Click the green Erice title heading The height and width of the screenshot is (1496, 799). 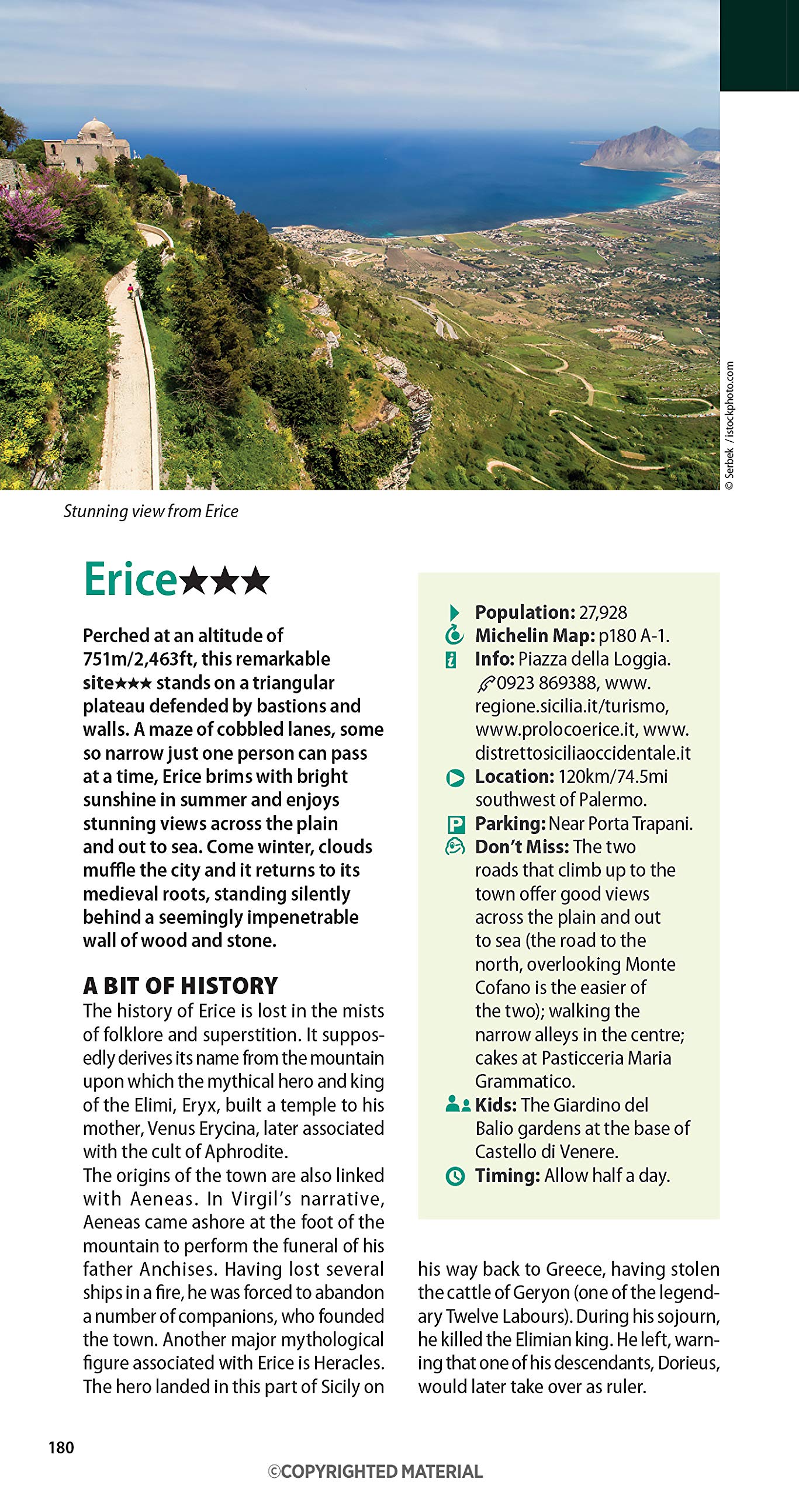(x=130, y=580)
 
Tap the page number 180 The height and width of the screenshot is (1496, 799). (x=61, y=1447)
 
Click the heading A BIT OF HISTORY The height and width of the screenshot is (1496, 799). (x=180, y=986)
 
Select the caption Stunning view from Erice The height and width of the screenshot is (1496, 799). (x=151, y=511)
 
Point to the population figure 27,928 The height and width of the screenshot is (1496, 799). (x=603, y=612)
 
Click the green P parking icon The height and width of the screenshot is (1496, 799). (x=455, y=825)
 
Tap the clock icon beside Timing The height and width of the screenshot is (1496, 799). (x=455, y=1176)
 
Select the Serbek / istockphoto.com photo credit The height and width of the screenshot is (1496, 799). (x=729, y=426)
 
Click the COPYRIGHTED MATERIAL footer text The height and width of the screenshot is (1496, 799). (x=375, y=1471)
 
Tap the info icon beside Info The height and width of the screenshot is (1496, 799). (x=451, y=660)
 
